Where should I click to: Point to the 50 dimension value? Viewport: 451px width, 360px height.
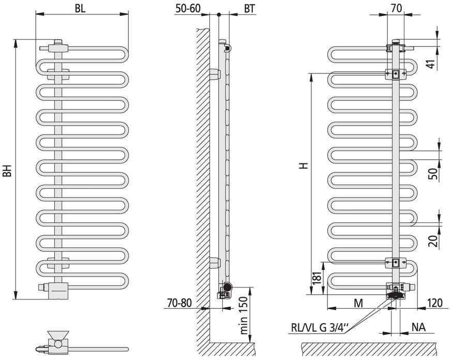pyautogui.click(x=433, y=173)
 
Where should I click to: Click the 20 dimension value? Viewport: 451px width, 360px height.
pyautogui.click(x=433, y=240)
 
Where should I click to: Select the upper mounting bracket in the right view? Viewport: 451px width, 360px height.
pyautogui.click(x=395, y=74)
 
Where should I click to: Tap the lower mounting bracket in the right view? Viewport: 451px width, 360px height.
pyautogui.click(x=395, y=262)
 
